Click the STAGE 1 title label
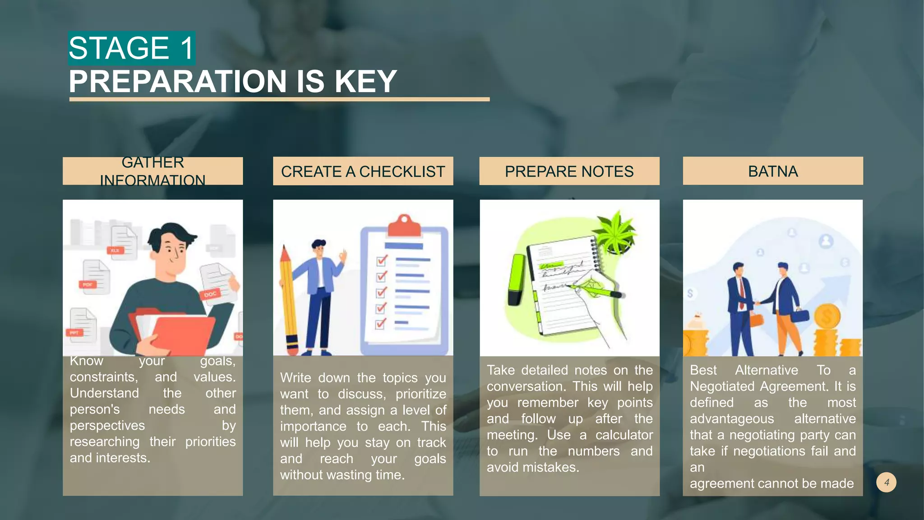click(131, 48)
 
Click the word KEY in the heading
click(365, 82)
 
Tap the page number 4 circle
click(886, 482)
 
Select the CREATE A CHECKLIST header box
click(363, 171)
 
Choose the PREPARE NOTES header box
click(569, 171)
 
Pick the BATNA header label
click(772, 171)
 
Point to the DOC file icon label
click(210, 294)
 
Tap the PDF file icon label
click(88, 284)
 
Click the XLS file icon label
click(115, 251)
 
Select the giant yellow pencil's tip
click(284, 250)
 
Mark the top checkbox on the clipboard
click(382, 261)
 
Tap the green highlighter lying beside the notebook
click(517, 280)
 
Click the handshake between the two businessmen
click(757, 303)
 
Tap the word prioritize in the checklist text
click(420, 394)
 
